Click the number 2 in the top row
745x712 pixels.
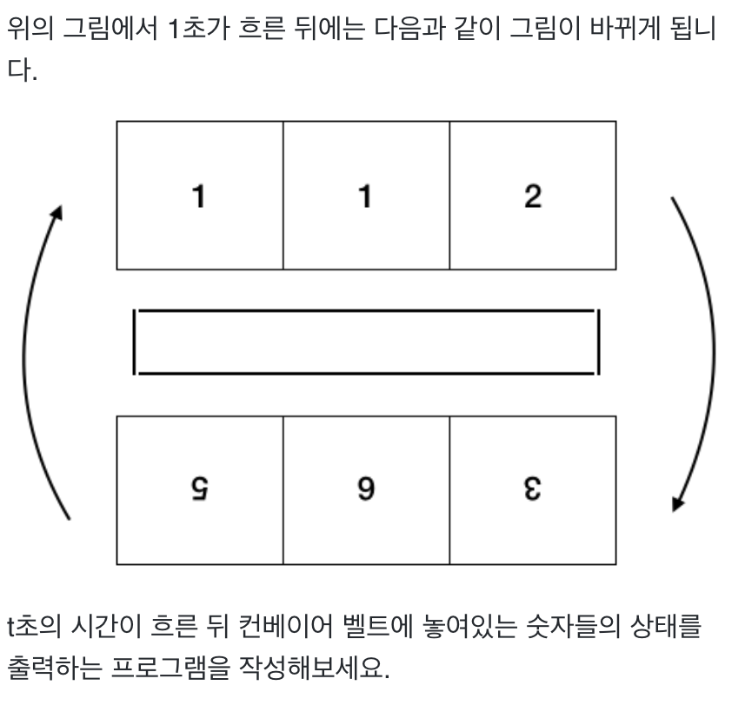tap(533, 197)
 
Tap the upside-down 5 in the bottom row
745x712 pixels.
tap(199, 490)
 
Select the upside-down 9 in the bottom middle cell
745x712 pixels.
tap(366, 490)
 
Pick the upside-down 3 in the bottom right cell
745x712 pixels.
tap(533, 490)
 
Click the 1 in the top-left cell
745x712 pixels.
tap(199, 197)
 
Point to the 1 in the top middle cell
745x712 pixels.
tap(366, 197)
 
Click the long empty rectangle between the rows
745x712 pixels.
tap(366, 342)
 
